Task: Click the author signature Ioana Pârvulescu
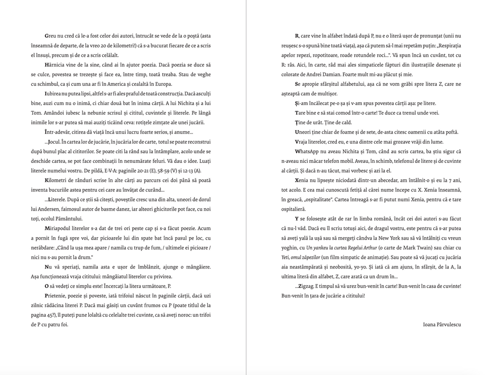(x=441, y=324)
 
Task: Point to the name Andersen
(x=56, y=210)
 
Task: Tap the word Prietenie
(x=56, y=295)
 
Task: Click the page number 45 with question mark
(x=60, y=315)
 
